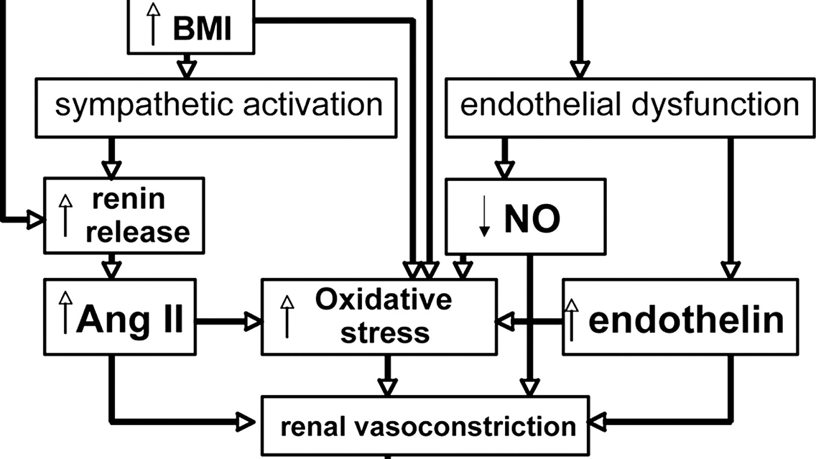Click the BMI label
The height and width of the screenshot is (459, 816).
(x=202, y=28)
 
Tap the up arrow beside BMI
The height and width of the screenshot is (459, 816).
(x=153, y=24)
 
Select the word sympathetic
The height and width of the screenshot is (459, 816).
(x=144, y=105)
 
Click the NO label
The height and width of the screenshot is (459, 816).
(x=532, y=219)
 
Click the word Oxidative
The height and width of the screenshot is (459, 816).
(x=383, y=299)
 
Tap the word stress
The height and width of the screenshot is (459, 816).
(x=385, y=333)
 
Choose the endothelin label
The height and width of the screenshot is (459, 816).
(x=686, y=320)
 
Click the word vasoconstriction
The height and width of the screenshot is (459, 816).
(x=465, y=426)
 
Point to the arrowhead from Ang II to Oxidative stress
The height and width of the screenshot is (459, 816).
(x=253, y=321)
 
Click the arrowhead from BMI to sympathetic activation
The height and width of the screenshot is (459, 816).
(x=187, y=68)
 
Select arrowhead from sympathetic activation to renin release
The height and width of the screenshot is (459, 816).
(x=111, y=169)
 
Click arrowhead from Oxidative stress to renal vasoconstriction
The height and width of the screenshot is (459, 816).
(x=387, y=387)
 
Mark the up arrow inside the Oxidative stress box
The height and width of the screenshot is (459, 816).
(x=287, y=316)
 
